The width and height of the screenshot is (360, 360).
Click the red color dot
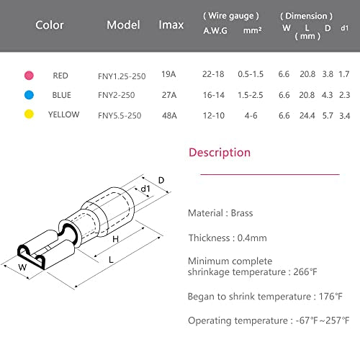(x=29, y=76)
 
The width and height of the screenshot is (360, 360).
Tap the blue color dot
(x=29, y=95)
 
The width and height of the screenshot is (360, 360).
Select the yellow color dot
(x=29, y=114)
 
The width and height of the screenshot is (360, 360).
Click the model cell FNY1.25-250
(x=122, y=76)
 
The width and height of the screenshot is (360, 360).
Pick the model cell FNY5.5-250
(x=120, y=116)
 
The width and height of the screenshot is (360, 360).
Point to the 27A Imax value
(x=169, y=95)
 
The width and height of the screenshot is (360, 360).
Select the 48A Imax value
(x=169, y=116)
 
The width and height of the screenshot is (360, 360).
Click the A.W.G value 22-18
(x=213, y=74)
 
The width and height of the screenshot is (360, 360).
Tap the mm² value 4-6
(x=251, y=116)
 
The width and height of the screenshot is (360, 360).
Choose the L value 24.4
(x=307, y=116)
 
